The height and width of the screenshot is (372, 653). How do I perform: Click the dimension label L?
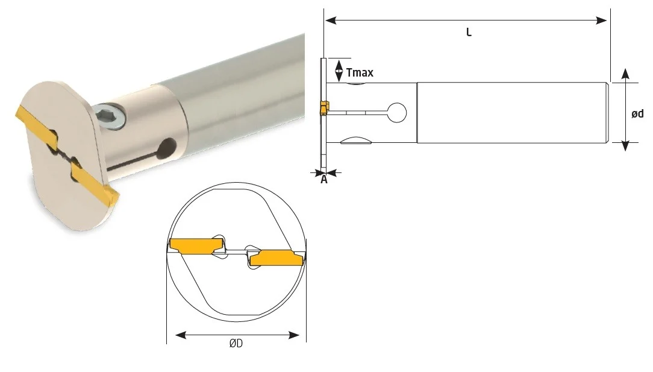click(x=469, y=33)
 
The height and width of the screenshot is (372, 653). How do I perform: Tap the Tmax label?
click(x=360, y=72)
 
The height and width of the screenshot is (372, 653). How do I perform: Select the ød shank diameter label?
click(x=637, y=113)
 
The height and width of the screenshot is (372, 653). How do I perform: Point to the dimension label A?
click(x=324, y=180)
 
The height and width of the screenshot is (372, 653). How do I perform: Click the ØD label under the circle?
click(x=236, y=343)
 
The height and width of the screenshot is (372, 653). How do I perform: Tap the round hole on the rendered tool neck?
click(x=168, y=148)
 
